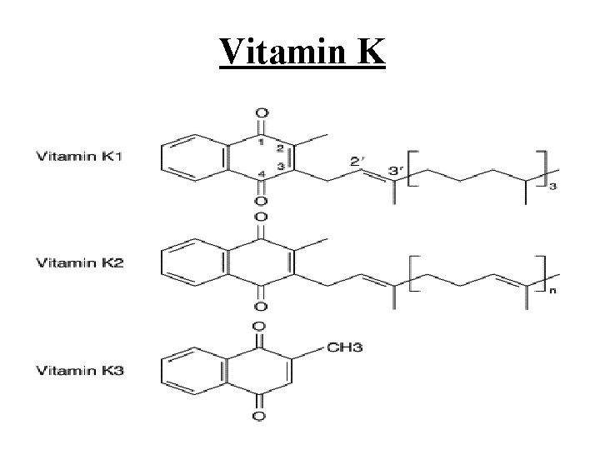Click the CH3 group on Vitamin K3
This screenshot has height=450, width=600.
(x=320, y=344)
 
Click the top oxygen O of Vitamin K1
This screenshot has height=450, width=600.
(x=262, y=112)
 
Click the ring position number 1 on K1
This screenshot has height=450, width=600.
(x=261, y=142)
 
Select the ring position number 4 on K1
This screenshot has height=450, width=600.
(x=261, y=174)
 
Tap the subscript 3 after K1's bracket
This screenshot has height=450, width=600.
(x=553, y=186)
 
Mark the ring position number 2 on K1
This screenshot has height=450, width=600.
(x=281, y=148)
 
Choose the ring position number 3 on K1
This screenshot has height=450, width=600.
(x=281, y=167)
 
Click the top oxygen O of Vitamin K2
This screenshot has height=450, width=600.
(x=262, y=218)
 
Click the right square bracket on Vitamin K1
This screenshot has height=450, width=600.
(x=543, y=169)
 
